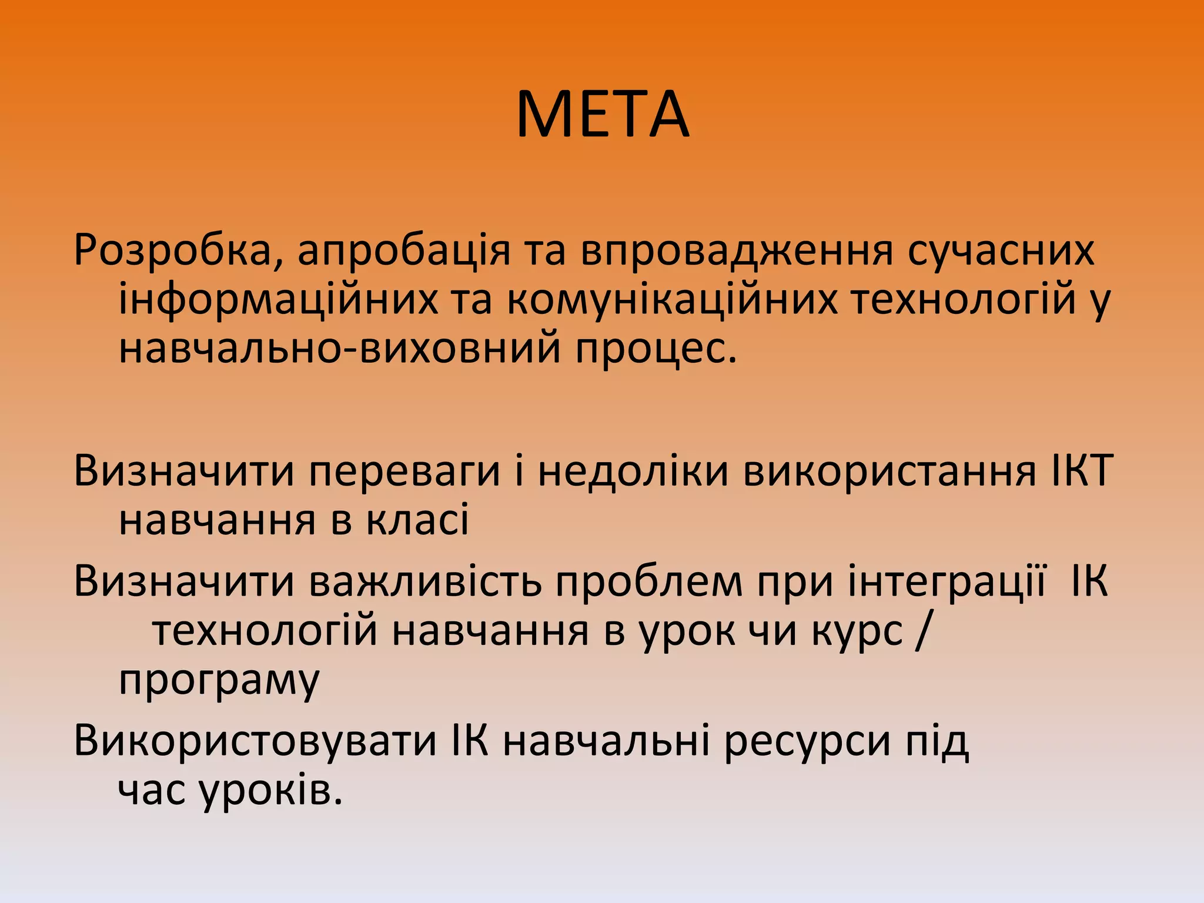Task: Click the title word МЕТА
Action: coord(603,116)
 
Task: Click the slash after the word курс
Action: coord(921,631)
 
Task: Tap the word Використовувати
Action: coord(256,741)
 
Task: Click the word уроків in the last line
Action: coord(270,791)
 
